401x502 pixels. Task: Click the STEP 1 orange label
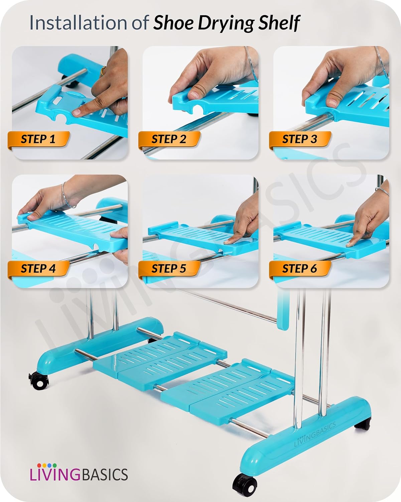coord(38,139)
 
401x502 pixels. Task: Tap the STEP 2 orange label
coord(169,139)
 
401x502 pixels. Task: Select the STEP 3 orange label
coord(299,139)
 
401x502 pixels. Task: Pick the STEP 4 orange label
coord(38,269)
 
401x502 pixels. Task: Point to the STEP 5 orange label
coord(169,269)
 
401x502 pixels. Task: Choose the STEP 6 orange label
coord(299,269)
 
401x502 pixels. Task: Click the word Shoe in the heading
coord(174,23)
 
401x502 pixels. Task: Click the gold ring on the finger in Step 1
coord(104,71)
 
